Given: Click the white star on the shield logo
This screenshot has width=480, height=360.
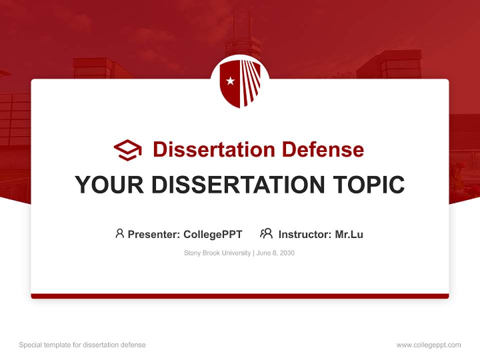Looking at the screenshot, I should coord(230,81).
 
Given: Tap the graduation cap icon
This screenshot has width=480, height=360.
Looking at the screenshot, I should coord(127,150).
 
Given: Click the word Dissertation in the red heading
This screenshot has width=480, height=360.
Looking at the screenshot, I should coord(214,149).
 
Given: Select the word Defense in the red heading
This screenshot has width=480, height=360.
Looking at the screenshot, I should coord(322,149).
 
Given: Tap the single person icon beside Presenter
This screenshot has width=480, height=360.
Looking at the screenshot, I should coord(119,233).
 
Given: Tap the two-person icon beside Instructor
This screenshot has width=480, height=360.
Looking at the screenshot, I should coord(266,233).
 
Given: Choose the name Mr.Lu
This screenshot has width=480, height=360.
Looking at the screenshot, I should coord(349,234).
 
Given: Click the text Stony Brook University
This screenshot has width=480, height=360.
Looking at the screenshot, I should coord(217,253).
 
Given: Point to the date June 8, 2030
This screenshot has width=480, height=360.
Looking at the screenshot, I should coord(275,253).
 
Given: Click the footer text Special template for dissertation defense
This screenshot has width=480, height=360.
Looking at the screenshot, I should coord(82,345).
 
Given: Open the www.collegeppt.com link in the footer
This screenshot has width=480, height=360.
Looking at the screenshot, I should coord(428,345).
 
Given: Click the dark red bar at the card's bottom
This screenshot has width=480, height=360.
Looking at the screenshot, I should coord(240,296).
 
